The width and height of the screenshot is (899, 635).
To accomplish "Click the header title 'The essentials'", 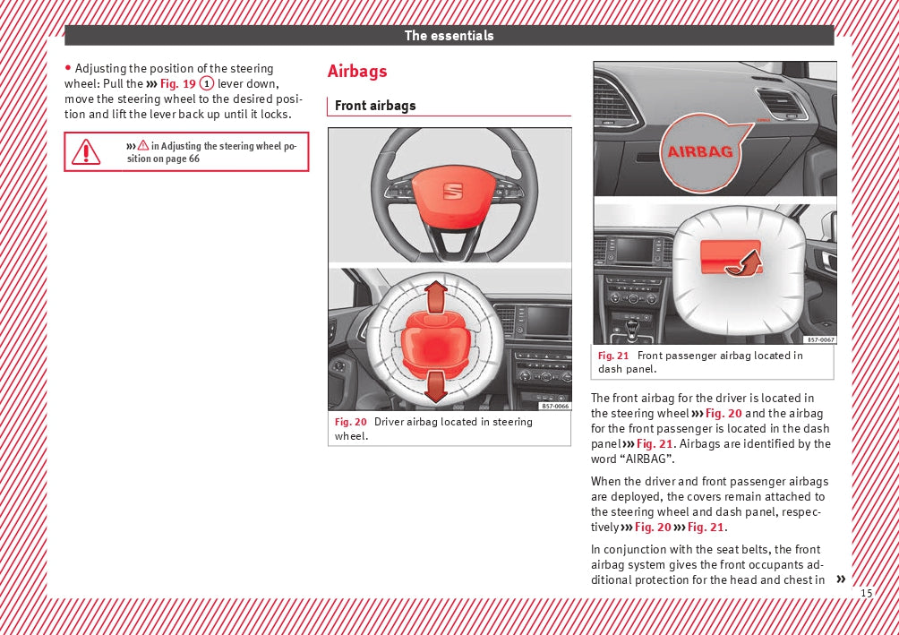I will click(449, 36).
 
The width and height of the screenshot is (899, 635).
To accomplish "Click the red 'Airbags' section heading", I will click(357, 72).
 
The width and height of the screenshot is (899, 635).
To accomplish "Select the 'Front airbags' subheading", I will click(375, 106).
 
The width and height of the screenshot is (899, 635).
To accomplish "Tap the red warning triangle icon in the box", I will click(86, 152).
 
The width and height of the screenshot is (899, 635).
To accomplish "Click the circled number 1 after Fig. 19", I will click(206, 83).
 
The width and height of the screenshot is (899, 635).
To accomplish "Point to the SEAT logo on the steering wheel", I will click(452, 193).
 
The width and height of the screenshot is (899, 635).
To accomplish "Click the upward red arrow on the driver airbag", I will click(436, 296).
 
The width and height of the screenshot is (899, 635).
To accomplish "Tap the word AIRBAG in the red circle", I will click(700, 151).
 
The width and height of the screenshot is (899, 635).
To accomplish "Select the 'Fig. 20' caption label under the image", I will click(350, 422).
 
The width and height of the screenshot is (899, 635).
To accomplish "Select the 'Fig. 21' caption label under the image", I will click(613, 356).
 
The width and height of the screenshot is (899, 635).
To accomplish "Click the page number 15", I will click(866, 594).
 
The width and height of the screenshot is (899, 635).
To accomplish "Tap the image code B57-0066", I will click(554, 406).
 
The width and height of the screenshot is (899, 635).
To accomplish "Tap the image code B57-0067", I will click(820, 339).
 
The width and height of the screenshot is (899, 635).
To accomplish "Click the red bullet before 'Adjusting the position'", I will click(68, 68).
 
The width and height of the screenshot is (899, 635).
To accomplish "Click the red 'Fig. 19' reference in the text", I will click(177, 83).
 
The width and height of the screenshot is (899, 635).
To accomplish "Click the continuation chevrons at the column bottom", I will click(840, 579).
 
